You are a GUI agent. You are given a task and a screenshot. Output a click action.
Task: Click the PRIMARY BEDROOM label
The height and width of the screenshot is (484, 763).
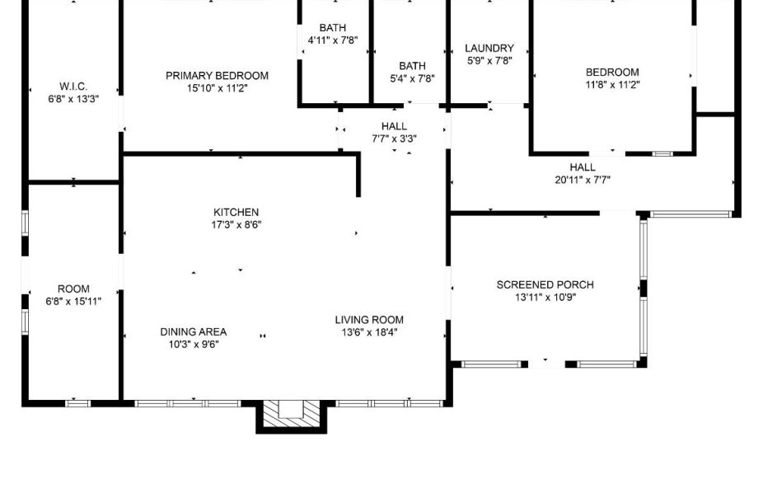click(217, 76)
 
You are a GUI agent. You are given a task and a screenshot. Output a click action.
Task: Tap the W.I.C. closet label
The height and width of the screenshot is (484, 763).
click(73, 87)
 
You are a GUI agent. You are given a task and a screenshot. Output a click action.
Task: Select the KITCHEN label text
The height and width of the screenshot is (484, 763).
click(236, 213)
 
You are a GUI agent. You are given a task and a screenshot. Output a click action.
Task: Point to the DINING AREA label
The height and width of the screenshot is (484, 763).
click(193, 332)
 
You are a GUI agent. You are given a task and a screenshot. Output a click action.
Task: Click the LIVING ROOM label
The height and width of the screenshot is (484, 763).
click(368, 320)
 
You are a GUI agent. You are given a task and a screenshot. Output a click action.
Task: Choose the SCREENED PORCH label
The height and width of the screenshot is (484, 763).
click(545, 285)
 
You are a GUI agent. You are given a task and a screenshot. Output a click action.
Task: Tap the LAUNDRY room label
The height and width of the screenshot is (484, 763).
click(489, 49)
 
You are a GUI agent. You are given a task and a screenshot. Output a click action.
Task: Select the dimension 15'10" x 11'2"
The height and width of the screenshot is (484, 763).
click(217, 88)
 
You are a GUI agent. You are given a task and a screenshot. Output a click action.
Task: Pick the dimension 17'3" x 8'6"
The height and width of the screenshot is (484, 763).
click(236, 224)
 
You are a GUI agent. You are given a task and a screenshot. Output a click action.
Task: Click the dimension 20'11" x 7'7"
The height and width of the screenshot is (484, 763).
click(582, 180)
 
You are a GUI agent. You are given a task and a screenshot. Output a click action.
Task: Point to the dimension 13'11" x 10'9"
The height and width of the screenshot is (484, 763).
click(545, 297)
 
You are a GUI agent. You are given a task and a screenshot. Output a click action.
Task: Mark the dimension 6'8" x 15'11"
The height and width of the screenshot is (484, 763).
click(73, 301)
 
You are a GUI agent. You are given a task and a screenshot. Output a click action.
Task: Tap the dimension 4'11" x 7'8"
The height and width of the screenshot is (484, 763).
click(332, 40)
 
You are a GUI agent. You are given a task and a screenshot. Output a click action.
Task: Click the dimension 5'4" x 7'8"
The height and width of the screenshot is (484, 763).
click(412, 78)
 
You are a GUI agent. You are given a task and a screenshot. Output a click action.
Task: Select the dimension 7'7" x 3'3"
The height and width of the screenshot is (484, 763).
click(394, 139)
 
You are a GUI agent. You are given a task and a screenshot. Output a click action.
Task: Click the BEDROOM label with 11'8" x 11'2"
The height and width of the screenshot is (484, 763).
click(612, 73)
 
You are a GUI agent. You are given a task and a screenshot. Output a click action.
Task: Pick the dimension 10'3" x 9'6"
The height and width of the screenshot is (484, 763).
click(193, 345)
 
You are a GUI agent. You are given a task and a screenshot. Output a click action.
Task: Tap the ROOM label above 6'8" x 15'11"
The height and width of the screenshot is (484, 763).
click(73, 289)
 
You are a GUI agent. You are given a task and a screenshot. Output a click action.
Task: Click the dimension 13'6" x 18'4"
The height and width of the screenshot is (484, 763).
click(369, 332)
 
